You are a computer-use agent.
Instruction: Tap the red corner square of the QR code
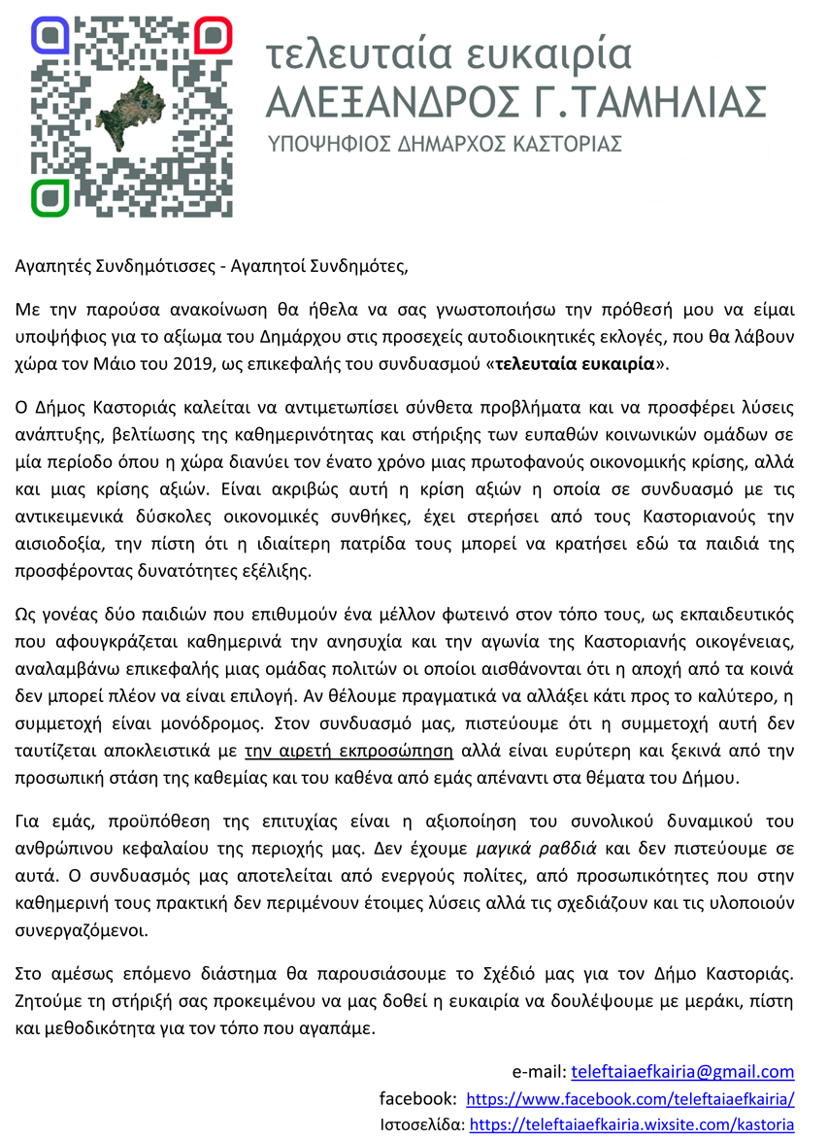[213, 36]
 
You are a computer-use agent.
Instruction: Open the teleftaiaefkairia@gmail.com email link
[682, 1072]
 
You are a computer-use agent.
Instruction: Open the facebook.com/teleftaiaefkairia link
[630, 1100]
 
